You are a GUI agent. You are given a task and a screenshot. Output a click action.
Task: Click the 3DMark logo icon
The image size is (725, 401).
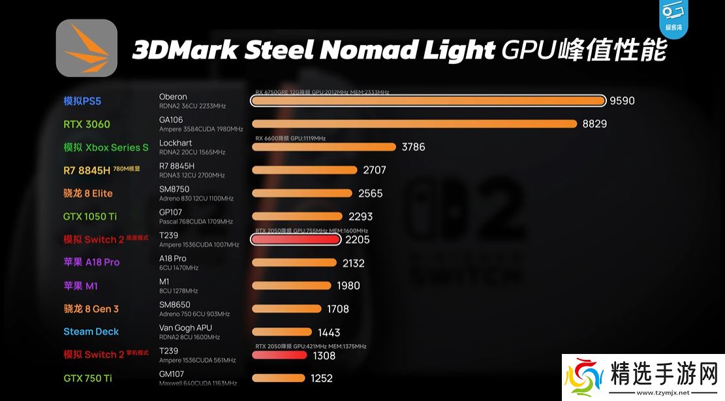pos(87,48)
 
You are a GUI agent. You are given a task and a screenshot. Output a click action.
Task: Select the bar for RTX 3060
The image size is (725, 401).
pos(414,124)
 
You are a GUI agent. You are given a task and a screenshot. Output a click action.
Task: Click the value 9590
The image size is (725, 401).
pos(622,101)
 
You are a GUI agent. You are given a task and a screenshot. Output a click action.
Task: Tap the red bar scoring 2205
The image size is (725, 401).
pos(296,240)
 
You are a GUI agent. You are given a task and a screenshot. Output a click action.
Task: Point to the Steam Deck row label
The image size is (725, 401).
pos(91,332)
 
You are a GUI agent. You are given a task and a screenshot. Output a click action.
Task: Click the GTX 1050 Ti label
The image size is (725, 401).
pos(89,216)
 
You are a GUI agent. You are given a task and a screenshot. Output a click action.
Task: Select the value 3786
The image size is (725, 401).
pos(413,147)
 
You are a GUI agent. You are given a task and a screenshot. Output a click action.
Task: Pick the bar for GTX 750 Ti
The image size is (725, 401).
pos(278,377)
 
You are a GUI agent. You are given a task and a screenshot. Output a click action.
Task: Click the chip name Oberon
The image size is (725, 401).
pos(173,97)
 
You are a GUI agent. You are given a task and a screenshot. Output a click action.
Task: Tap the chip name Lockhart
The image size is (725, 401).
pos(176,143)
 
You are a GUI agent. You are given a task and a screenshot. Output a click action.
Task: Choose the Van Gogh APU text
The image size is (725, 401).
pos(185,328)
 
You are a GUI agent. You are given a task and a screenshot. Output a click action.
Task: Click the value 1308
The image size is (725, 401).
pos(324,355)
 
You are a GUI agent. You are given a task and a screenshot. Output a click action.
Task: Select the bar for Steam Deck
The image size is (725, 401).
pos(283,332)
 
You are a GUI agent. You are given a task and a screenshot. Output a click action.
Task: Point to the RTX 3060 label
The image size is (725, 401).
pos(87,124)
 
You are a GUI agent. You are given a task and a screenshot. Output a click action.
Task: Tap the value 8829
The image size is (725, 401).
pos(594,124)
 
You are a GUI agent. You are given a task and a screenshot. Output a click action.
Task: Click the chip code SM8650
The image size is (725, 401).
pos(175,305)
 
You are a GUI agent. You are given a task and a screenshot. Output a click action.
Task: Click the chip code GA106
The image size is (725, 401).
pos(171,120)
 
